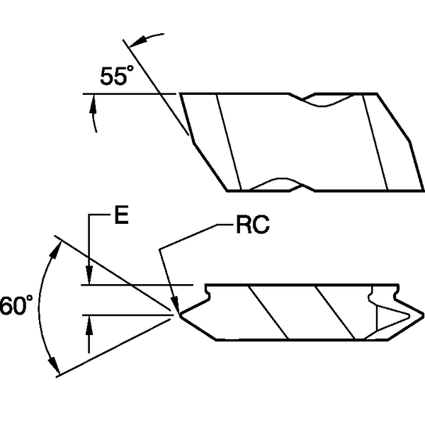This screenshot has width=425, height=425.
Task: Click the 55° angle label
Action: point(116,76)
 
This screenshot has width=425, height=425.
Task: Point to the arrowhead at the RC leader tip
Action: point(174,304)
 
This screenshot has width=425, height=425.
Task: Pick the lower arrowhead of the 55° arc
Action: point(93,106)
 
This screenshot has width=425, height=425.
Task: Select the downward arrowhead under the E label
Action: point(89,278)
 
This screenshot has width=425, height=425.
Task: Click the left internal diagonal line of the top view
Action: point(229,142)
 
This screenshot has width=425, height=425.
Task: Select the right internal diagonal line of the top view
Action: point(375,142)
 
